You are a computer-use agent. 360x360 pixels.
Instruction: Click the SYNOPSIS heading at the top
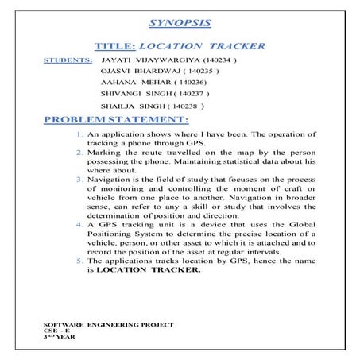[x=180, y=24]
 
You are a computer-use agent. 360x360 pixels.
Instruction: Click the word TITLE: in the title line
[x=116, y=46]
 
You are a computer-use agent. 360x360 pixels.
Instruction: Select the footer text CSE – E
[x=56, y=331]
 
